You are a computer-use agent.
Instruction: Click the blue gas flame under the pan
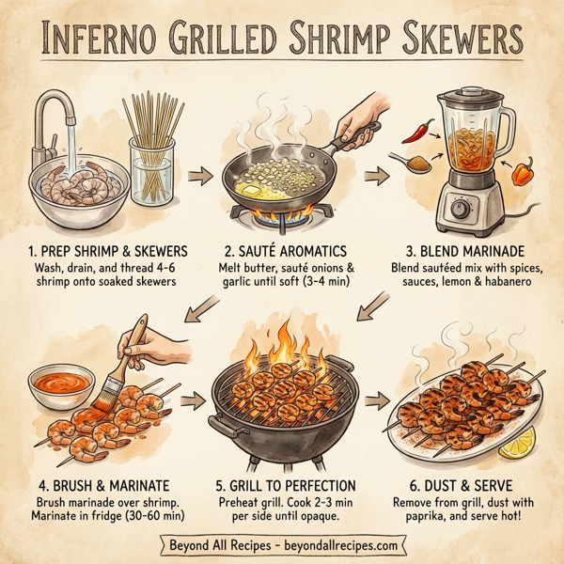[282, 218]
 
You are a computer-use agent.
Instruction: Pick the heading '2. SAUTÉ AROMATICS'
[281, 252]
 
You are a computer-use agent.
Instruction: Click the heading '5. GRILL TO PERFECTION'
[282, 486]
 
